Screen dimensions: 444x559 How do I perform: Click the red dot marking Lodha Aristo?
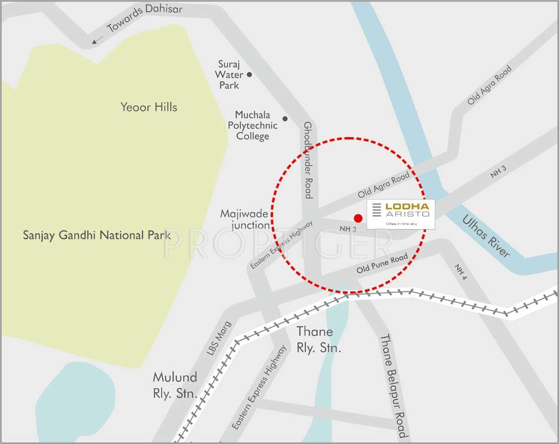(358, 218)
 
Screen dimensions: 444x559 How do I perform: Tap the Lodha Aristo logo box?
(401, 214)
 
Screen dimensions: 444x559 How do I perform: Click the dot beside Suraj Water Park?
(249, 75)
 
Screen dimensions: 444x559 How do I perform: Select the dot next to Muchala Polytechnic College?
(285, 119)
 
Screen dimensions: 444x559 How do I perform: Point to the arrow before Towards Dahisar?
(96, 40)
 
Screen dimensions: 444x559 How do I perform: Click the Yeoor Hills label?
(149, 107)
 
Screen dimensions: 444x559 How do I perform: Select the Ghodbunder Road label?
(308, 159)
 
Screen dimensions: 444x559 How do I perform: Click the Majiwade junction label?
(245, 219)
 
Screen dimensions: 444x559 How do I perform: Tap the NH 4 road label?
(460, 271)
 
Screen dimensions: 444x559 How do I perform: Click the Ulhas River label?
(486, 236)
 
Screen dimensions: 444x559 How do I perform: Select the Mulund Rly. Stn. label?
(175, 386)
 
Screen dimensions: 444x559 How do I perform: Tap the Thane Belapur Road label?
(393, 385)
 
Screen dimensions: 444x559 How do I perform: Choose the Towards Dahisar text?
(145, 18)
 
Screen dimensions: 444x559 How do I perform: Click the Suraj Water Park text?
(228, 75)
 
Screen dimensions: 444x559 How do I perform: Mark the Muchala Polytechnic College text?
(252, 125)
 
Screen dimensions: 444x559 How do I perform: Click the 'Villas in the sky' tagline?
(400, 224)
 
